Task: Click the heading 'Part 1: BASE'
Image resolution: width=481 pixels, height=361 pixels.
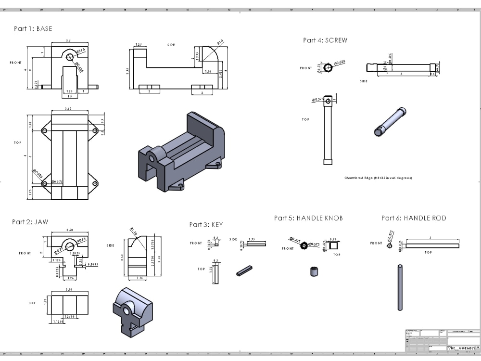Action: (33, 29)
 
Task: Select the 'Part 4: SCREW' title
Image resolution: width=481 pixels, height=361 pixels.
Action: (325, 40)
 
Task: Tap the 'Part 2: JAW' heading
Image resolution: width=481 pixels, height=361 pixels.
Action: (30, 222)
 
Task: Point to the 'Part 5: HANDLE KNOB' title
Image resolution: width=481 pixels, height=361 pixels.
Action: (308, 218)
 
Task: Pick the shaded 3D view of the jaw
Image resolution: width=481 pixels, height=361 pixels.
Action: (131, 310)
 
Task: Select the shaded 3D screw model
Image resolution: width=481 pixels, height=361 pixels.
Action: (390, 123)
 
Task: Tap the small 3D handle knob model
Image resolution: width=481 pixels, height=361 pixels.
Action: (314, 271)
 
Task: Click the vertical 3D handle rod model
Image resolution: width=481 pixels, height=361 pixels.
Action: (400, 287)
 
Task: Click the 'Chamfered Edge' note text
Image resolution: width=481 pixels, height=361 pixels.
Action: (378, 178)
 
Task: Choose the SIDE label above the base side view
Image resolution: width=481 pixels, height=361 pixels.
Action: (171, 45)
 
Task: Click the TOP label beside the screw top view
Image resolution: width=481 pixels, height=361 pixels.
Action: (305, 119)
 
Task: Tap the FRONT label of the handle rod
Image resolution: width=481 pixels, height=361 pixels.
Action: (376, 244)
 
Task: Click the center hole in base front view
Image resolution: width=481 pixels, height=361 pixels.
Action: (71, 57)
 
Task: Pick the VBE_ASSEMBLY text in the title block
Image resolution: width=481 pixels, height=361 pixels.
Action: (461, 348)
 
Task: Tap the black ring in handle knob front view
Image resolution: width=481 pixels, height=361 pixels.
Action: (304, 245)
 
